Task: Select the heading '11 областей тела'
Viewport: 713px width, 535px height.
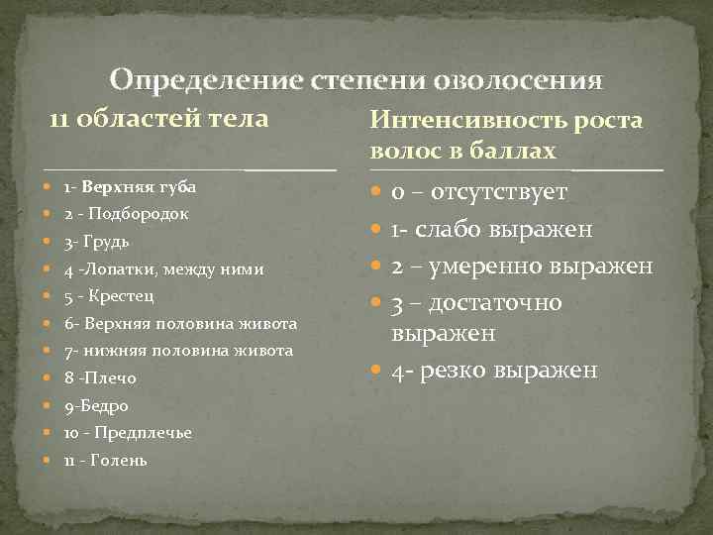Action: [x=159, y=119]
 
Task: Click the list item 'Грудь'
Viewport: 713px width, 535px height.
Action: [x=105, y=241]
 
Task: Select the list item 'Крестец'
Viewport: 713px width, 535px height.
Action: [x=121, y=295]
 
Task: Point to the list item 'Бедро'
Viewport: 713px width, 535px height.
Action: [x=102, y=406]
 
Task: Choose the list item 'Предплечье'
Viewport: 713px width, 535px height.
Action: [x=139, y=433]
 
